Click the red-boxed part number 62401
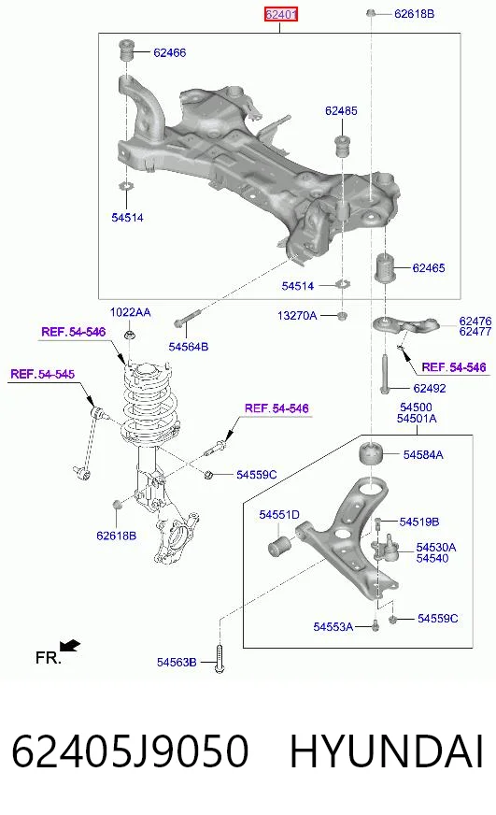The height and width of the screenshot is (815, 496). pos(280,15)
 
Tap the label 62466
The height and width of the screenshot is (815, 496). pos(169,52)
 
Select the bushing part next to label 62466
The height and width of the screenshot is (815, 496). pos(126,49)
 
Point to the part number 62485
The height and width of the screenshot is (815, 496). pos(341,110)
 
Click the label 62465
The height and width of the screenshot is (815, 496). pos(429,268)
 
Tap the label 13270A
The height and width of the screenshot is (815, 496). pos(297,316)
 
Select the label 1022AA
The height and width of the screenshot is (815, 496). pos(131,312)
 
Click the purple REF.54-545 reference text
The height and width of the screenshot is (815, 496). pos(43,374)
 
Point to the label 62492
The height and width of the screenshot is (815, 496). pos(430,388)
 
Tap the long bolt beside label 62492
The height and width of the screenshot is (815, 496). pos(385,374)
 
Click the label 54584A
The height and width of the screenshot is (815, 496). pos(423,455)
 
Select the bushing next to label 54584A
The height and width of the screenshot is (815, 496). pos(372,455)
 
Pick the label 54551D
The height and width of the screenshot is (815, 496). pos(279,515)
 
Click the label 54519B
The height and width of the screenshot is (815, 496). pos(419,522)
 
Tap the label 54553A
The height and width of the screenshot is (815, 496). pos(333,627)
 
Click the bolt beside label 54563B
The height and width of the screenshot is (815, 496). pos(220,659)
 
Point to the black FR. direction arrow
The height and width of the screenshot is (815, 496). pos(70,646)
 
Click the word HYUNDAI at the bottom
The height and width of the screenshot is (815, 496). pos(387,751)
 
